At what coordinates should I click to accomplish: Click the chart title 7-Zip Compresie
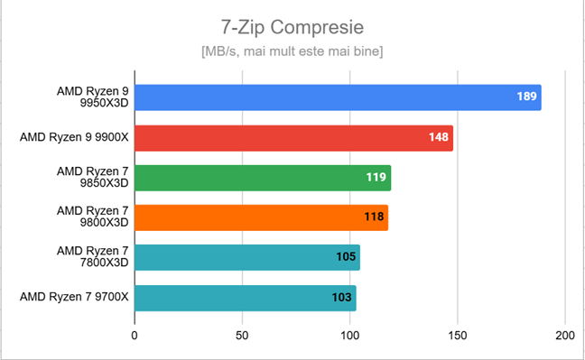pyautogui.click(x=292, y=25)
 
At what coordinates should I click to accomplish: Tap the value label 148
pyautogui.click(x=439, y=138)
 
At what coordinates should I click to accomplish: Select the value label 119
pyautogui.click(x=376, y=178)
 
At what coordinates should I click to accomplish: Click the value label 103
pyautogui.click(x=342, y=297)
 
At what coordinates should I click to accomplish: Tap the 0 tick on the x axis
pyautogui.click(x=135, y=336)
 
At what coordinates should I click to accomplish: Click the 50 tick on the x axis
pyautogui.click(x=242, y=336)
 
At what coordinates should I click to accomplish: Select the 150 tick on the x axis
pyautogui.click(x=458, y=336)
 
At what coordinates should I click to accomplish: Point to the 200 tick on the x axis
pyautogui.click(x=565, y=336)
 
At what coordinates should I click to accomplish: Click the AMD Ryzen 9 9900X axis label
pyautogui.click(x=75, y=138)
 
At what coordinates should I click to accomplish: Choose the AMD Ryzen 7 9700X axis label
pyautogui.click(x=75, y=297)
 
